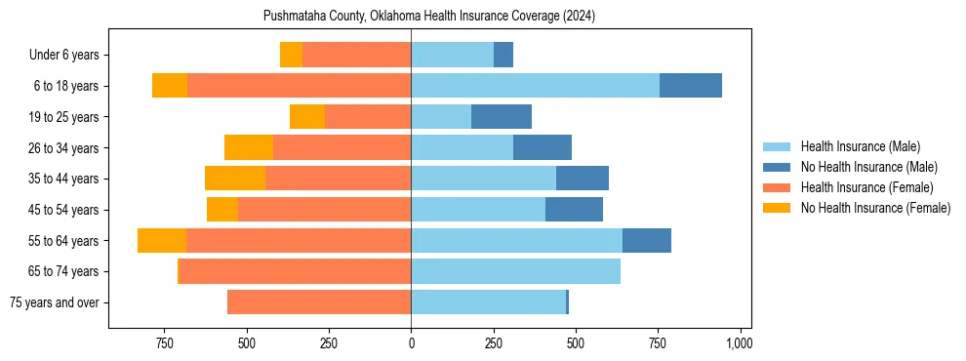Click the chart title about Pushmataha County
click(429, 17)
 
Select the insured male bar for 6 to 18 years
click(535, 86)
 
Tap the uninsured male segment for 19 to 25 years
click(502, 117)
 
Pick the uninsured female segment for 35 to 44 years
click(235, 179)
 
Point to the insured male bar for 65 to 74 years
click(515, 271)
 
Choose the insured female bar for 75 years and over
click(319, 302)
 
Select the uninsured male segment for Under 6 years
click(503, 55)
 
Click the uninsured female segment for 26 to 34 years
click(249, 147)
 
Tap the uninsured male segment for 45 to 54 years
click(574, 210)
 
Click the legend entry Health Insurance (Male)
click(860, 146)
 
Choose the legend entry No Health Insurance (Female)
click(875, 208)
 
